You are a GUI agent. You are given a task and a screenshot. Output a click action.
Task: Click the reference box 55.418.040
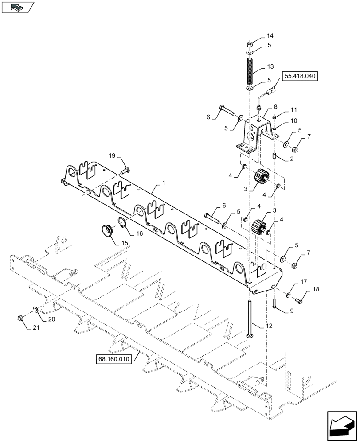click(x=300, y=76)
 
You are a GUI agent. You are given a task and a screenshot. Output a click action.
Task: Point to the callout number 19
click(x=112, y=155)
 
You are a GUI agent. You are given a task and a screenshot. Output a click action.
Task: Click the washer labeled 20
click(x=35, y=308)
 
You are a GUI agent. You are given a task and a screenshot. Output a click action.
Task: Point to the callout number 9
click(x=291, y=311)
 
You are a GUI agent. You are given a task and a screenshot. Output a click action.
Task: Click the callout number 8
click(x=275, y=107)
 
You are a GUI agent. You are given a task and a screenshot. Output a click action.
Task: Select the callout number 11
click(x=294, y=109)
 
